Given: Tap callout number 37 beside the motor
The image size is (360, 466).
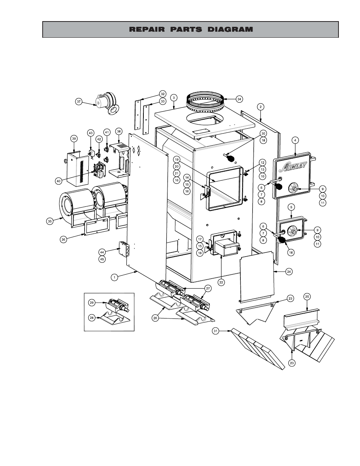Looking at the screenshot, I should coord(78,102).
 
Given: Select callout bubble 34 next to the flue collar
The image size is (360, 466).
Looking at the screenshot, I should coord(239,99).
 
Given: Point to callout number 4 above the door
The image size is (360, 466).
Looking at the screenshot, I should coord(295,140).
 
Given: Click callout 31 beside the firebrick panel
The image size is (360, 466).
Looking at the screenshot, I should coord(215,331).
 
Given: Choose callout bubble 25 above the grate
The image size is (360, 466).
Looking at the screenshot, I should coord(307,297).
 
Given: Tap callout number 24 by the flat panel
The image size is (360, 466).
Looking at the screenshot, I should coord(289,271).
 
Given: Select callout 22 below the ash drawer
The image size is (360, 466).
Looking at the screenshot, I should coord(221,281).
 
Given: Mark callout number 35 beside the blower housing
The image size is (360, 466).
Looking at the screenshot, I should coord(50,221).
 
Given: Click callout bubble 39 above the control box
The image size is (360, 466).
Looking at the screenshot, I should coord(74,138).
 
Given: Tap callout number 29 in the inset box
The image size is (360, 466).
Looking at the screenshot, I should coord(92,302).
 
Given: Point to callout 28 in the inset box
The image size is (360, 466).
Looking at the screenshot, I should coord(92,318).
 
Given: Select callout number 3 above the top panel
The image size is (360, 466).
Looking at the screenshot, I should coord(173,97).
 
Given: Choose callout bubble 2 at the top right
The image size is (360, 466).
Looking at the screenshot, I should coord(260,106).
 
